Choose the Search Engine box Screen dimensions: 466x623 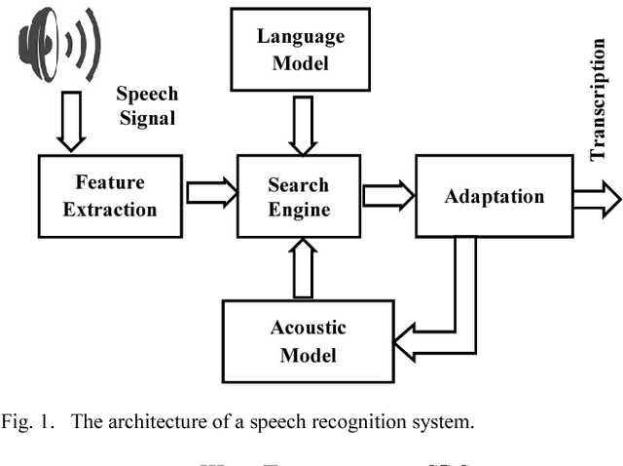coord(299,196)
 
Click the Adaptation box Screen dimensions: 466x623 coord(494,196)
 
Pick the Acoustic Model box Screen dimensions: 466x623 coord(308,340)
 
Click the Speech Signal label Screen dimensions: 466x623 coord(148,105)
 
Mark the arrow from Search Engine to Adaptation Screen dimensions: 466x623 coord(386,195)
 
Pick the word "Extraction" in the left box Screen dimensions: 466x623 coord(110,209)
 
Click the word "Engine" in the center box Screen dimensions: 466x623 coord(299,210)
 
